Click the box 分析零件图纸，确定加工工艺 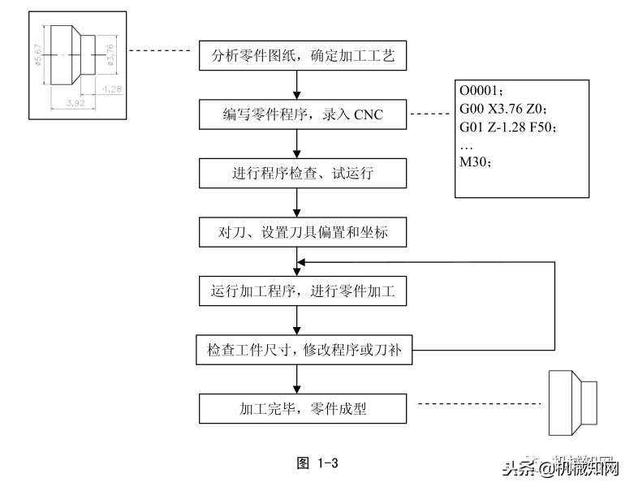point(297,56)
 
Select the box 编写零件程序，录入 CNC point(297,115)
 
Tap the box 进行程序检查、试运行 point(297,174)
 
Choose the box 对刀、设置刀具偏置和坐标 point(297,233)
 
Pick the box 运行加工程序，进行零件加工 point(297,291)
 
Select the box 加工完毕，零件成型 point(297,409)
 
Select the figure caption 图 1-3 point(317,463)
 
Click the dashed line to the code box point(430,115)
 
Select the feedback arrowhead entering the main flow point(301,262)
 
